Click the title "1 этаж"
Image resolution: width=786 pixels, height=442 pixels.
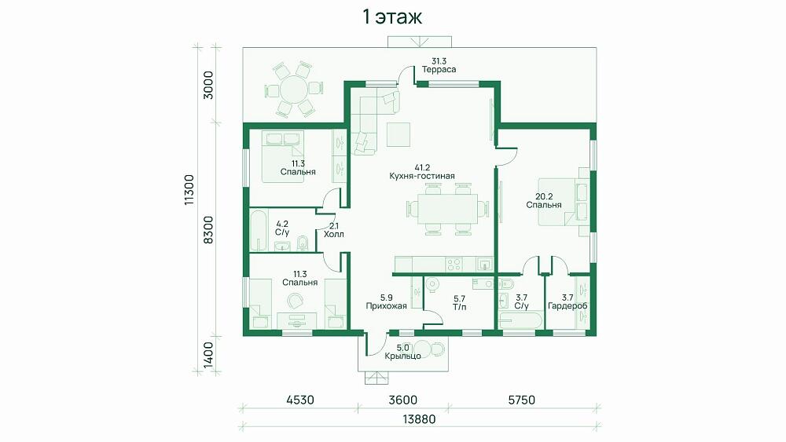click(392, 17)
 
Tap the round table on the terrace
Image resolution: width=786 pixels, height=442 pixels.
click(293, 90)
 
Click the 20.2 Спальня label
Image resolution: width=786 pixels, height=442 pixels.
click(544, 201)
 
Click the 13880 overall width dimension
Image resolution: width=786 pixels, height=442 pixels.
click(419, 419)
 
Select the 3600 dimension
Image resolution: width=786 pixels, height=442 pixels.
click(403, 400)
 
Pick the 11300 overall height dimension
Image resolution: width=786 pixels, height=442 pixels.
click(189, 190)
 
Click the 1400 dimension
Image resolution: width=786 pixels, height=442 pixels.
click(208, 355)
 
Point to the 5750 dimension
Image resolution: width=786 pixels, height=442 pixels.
click(522, 400)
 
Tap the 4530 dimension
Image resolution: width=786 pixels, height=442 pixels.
click(300, 400)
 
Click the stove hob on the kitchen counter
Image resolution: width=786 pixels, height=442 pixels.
click(454, 264)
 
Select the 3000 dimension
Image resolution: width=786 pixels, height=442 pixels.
click(208, 85)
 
